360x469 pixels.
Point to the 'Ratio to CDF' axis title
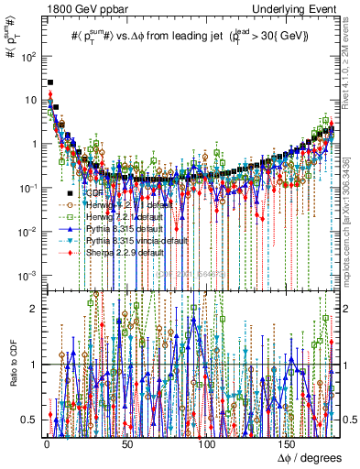point(12,365)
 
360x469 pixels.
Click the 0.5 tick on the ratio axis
point(34,420)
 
